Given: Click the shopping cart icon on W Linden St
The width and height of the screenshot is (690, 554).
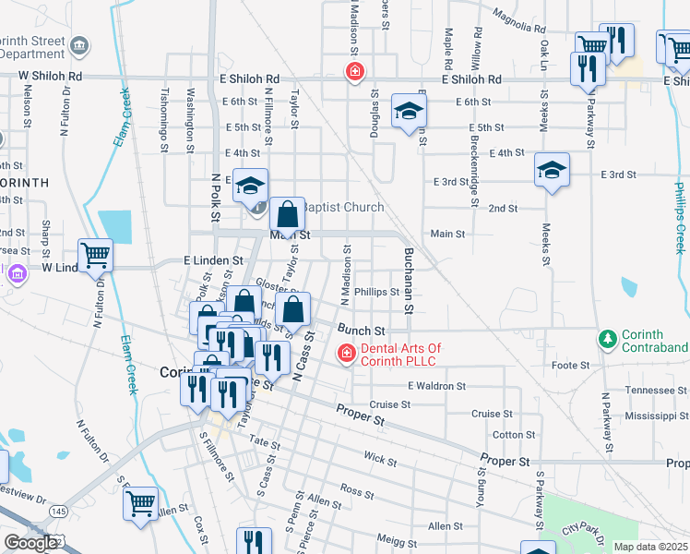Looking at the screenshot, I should pos(95,255).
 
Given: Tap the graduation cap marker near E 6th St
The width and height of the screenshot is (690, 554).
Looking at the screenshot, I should pos(409,112).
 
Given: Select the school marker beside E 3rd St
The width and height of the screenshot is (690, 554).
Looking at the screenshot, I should pos(552,170).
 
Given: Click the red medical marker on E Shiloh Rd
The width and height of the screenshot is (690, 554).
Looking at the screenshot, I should pos(353,72).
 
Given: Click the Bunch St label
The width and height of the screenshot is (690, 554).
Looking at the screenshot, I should pos(360,330).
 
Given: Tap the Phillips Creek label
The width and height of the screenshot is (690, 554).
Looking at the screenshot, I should pos(681,217).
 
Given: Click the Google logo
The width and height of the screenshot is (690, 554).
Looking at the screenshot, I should pos(31,543).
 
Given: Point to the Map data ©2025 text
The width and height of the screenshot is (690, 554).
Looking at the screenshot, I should pos(650,547).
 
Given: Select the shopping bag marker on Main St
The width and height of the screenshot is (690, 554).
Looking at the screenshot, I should pos(288,215).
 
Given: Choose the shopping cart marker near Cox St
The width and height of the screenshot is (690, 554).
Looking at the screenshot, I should pos(140,503).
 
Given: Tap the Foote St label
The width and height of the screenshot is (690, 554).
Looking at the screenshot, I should pos(571,366).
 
